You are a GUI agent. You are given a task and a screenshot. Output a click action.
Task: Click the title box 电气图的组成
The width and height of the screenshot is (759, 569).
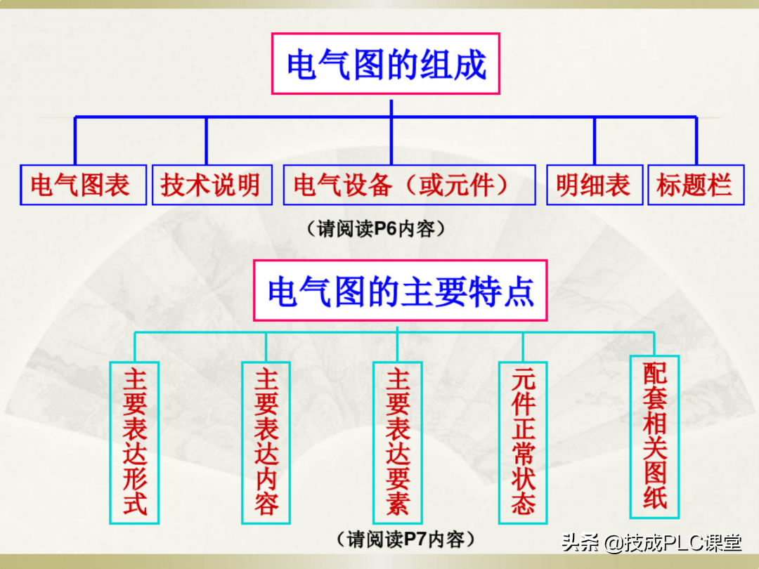386,64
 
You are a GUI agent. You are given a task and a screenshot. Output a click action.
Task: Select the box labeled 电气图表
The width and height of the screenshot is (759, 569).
83,185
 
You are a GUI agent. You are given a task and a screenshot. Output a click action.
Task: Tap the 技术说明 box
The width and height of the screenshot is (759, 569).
212,185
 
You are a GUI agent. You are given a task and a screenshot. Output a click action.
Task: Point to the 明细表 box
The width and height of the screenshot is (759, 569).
595,185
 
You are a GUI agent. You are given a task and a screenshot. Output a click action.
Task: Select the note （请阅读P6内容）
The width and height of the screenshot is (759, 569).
375,229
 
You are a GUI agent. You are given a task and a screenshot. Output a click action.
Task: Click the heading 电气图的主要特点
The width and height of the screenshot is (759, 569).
401,291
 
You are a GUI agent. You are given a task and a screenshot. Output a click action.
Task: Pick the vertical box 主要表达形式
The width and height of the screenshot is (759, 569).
134,443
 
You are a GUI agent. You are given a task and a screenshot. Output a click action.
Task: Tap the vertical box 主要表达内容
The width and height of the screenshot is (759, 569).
266,443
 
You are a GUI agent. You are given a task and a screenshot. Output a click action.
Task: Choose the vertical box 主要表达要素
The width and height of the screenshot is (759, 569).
397,443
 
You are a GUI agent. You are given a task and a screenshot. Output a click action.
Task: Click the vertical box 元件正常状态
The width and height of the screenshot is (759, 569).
523,443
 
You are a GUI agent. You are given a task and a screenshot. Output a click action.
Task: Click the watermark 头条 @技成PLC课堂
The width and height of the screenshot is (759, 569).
651,543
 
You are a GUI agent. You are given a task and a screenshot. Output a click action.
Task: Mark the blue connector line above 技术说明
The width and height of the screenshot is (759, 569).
207,140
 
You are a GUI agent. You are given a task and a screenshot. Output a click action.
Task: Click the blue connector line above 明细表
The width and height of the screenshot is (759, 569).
595,140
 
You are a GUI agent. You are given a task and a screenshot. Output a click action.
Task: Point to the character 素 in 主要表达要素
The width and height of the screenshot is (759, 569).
397,503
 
